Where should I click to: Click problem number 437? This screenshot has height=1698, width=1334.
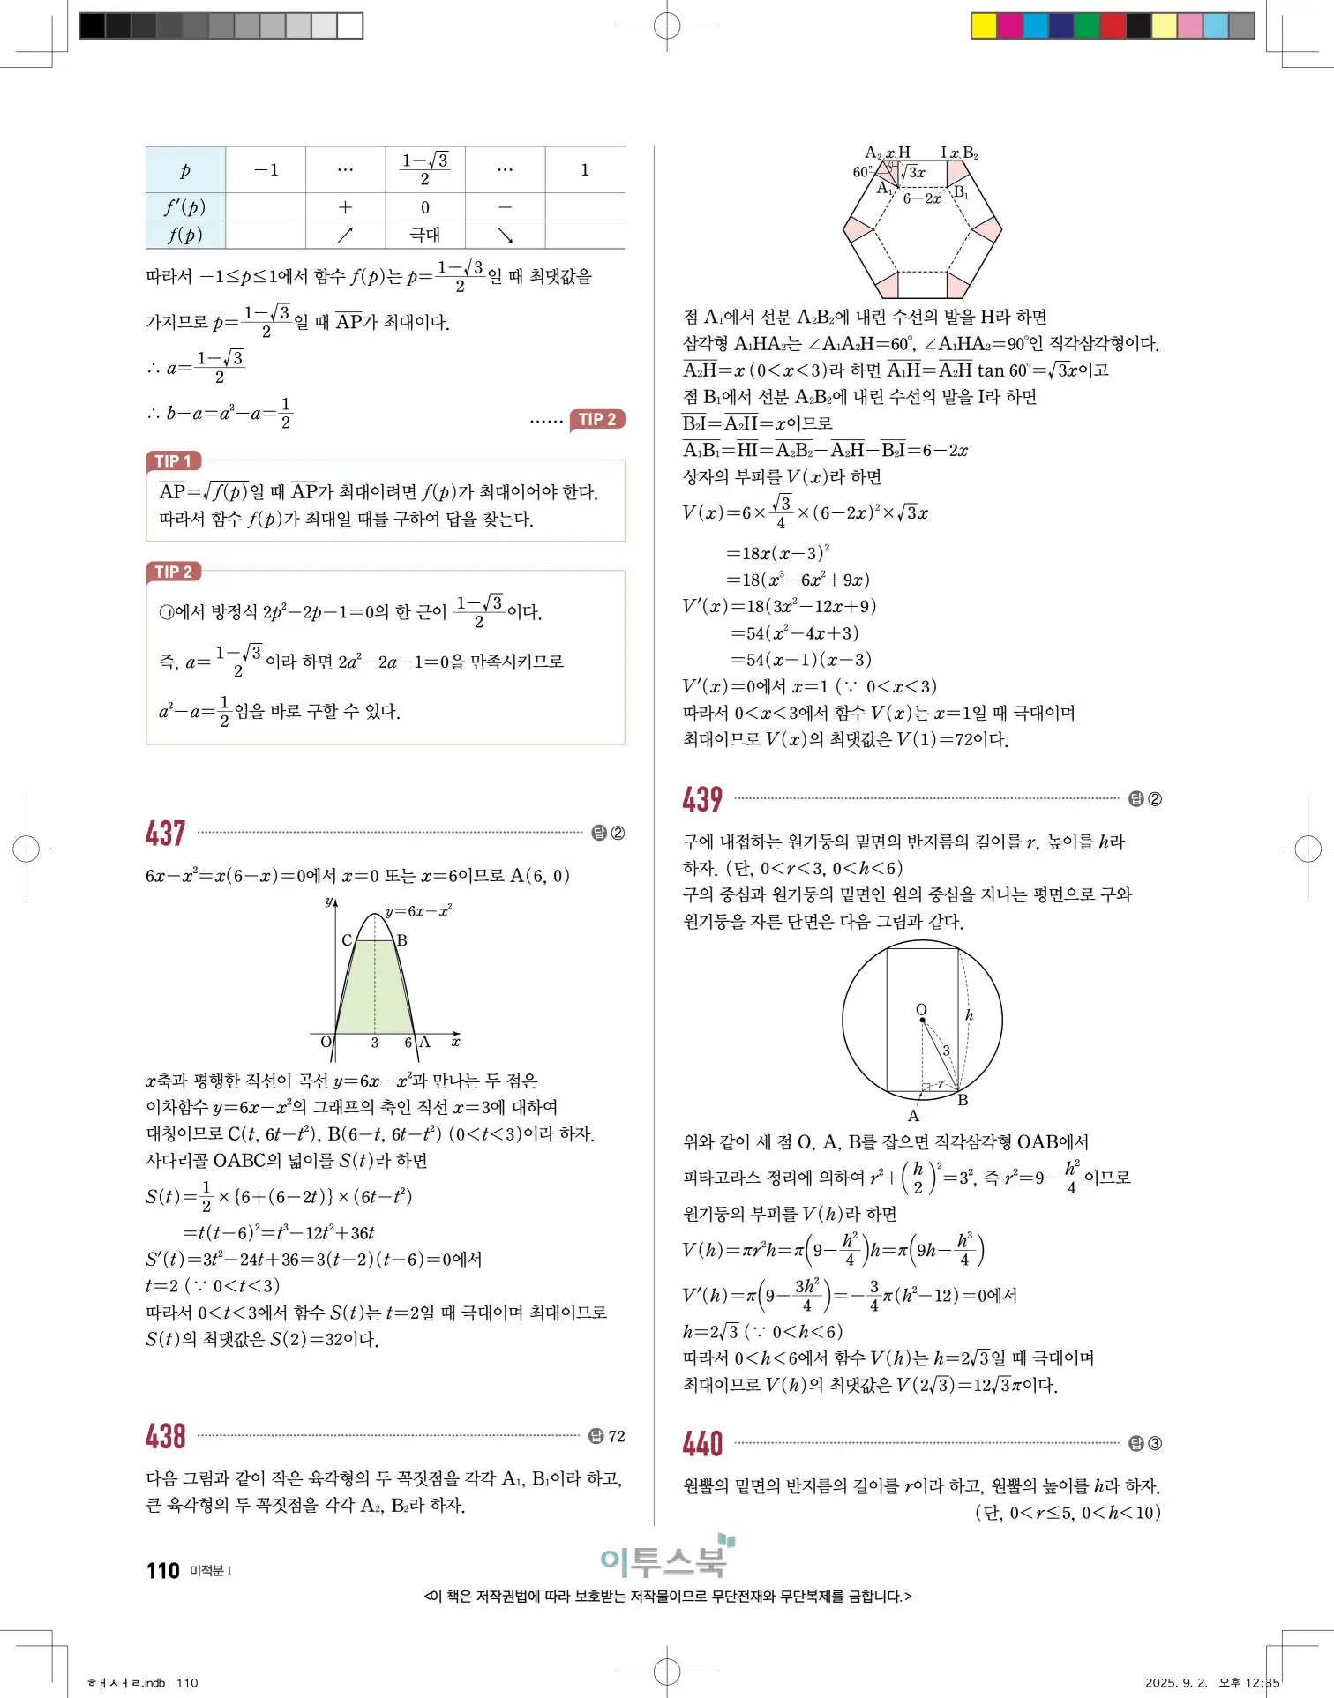pos(165,834)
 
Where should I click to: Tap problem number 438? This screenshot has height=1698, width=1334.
pos(165,1437)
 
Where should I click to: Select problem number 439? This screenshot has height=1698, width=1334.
pos(702,800)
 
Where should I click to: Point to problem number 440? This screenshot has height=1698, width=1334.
pos(702,1444)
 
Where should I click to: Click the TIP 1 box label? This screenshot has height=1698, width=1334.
pos(173,460)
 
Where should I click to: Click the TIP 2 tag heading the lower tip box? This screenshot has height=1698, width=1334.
pos(173,572)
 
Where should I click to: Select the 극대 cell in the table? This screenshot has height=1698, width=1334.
pos(425,235)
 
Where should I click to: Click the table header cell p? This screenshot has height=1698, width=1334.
pos(185,170)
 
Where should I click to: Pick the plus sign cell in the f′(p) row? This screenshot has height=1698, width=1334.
pos(345,207)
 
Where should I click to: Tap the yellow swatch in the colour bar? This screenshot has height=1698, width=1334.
pos(984,26)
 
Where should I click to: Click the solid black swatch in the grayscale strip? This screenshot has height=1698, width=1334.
pos(92,26)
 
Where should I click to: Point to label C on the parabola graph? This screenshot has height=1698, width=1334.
pos(347,940)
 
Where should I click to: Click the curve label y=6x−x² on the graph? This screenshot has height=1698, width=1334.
pos(419,911)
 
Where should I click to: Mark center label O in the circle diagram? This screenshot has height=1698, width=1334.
pos(921,1009)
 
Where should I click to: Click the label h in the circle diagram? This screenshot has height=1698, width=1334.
pos(969,1015)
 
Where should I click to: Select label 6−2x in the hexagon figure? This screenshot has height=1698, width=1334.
pos(922,199)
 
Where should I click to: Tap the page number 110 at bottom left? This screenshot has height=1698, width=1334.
pos(163,1571)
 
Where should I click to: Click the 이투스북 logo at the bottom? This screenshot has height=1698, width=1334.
pos(666,1560)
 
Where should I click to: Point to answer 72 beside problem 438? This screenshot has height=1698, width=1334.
pos(617,1436)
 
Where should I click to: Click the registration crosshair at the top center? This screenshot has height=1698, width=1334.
pos(667,26)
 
